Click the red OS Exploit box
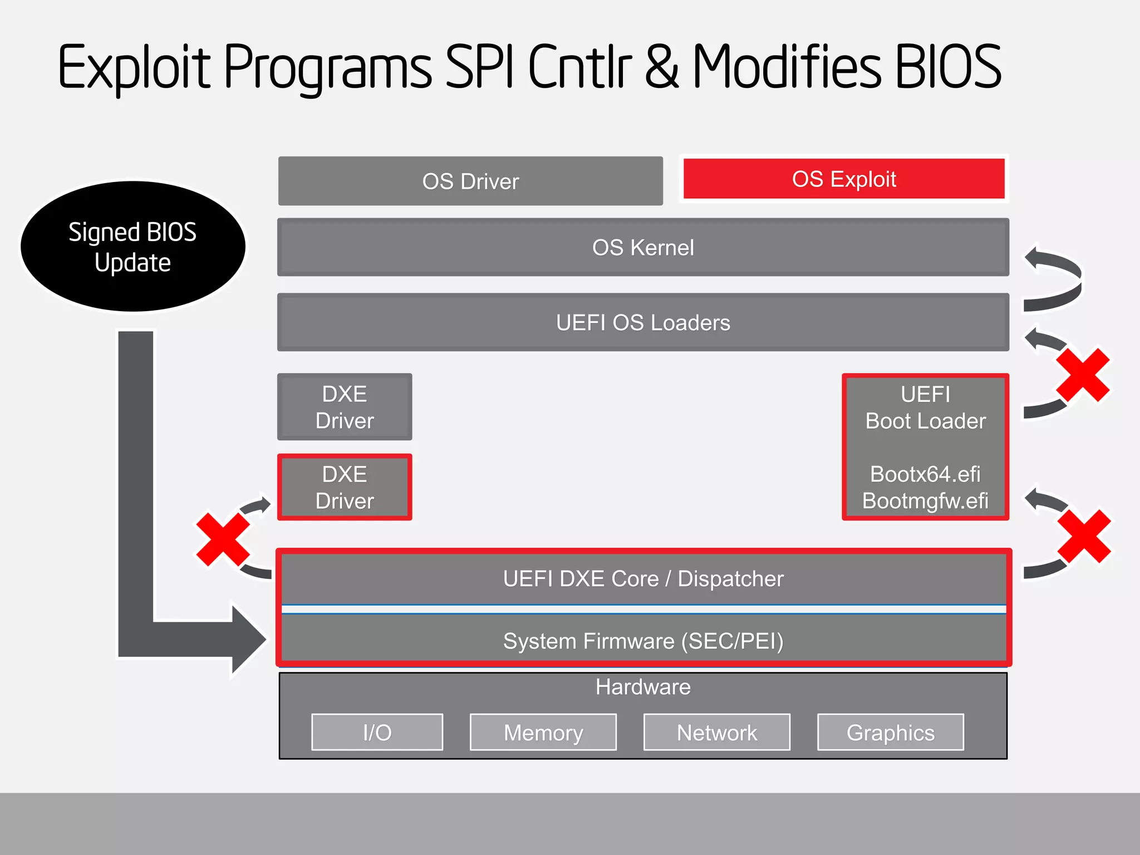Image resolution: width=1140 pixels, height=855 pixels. tap(844, 179)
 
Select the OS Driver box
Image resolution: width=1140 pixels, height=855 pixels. tap(470, 181)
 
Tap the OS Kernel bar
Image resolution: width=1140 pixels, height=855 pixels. tap(643, 247)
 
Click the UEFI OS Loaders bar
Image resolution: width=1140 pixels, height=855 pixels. tap(643, 322)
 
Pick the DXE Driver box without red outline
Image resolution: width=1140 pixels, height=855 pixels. tap(345, 407)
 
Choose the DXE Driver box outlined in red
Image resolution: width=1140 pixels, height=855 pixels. tap(345, 487)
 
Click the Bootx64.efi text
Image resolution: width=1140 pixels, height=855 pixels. tap(925, 474)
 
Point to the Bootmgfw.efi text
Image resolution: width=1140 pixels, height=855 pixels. tap(925, 501)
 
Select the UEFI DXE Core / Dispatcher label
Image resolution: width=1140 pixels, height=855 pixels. tap(643, 579)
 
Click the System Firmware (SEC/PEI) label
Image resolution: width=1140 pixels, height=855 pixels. tap(643, 641)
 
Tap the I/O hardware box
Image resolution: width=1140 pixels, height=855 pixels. tap(377, 733)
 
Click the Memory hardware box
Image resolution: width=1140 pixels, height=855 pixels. tap(543, 733)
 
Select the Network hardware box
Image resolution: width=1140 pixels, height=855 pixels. tap(717, 733)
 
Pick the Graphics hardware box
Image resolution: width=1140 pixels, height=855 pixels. tap(891, 733)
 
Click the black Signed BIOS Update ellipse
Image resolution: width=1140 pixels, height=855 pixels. tap(132, 247)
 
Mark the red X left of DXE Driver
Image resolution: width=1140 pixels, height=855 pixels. tap(223, 539)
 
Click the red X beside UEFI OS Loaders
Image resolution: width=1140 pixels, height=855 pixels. tap(1083, 375)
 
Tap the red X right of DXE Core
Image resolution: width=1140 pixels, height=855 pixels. tap(1084, 536)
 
